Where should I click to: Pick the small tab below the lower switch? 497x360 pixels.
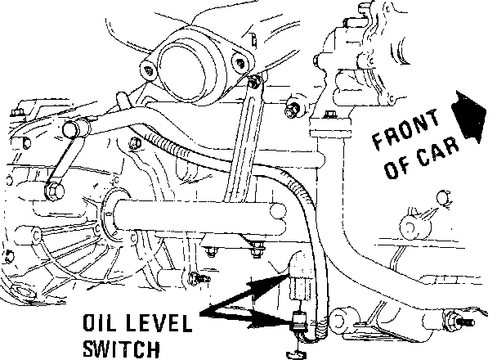tap(293, 352)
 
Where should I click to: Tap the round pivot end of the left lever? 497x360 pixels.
tap(73, 129)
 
